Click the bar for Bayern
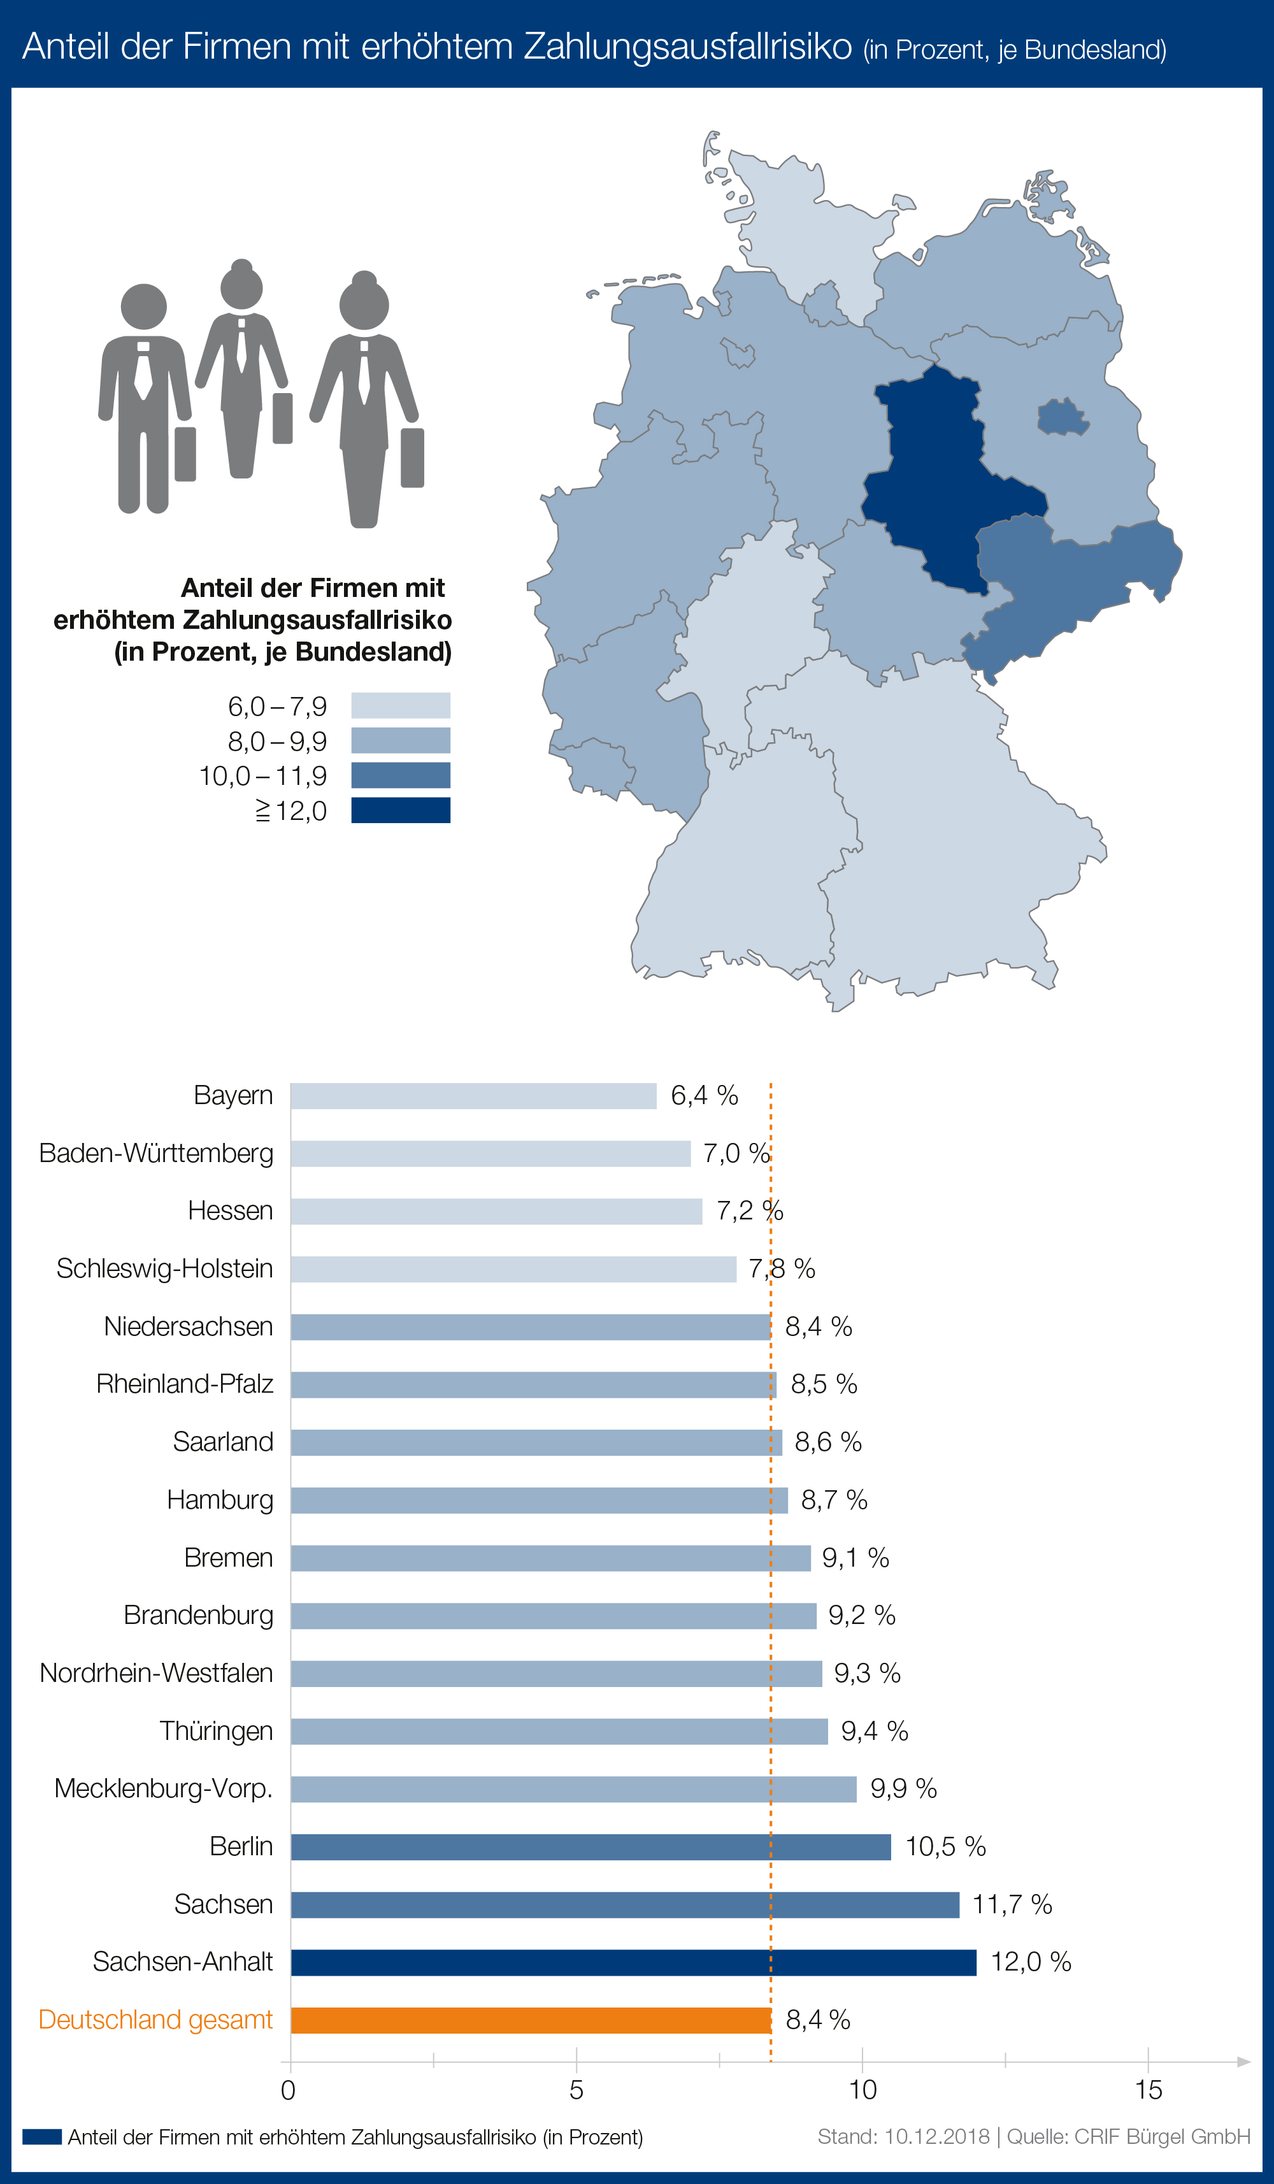tap(473, 1095)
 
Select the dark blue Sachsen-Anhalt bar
tap(633, 1962)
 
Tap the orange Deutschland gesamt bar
tap(531, 2020)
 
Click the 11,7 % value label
tap(1012, 1904)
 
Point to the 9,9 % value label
tap(903, 1789)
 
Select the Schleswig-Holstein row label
tap(165, 1269)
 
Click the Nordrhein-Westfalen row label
tap(156, 1674)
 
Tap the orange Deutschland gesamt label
tap(156, 2020)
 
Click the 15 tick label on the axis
tap(1149, 2090)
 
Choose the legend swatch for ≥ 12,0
tap(401, 810)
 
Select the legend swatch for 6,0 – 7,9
tap(401, 705)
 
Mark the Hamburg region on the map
tap(824, 303)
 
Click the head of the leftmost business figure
tap(144, 306)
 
